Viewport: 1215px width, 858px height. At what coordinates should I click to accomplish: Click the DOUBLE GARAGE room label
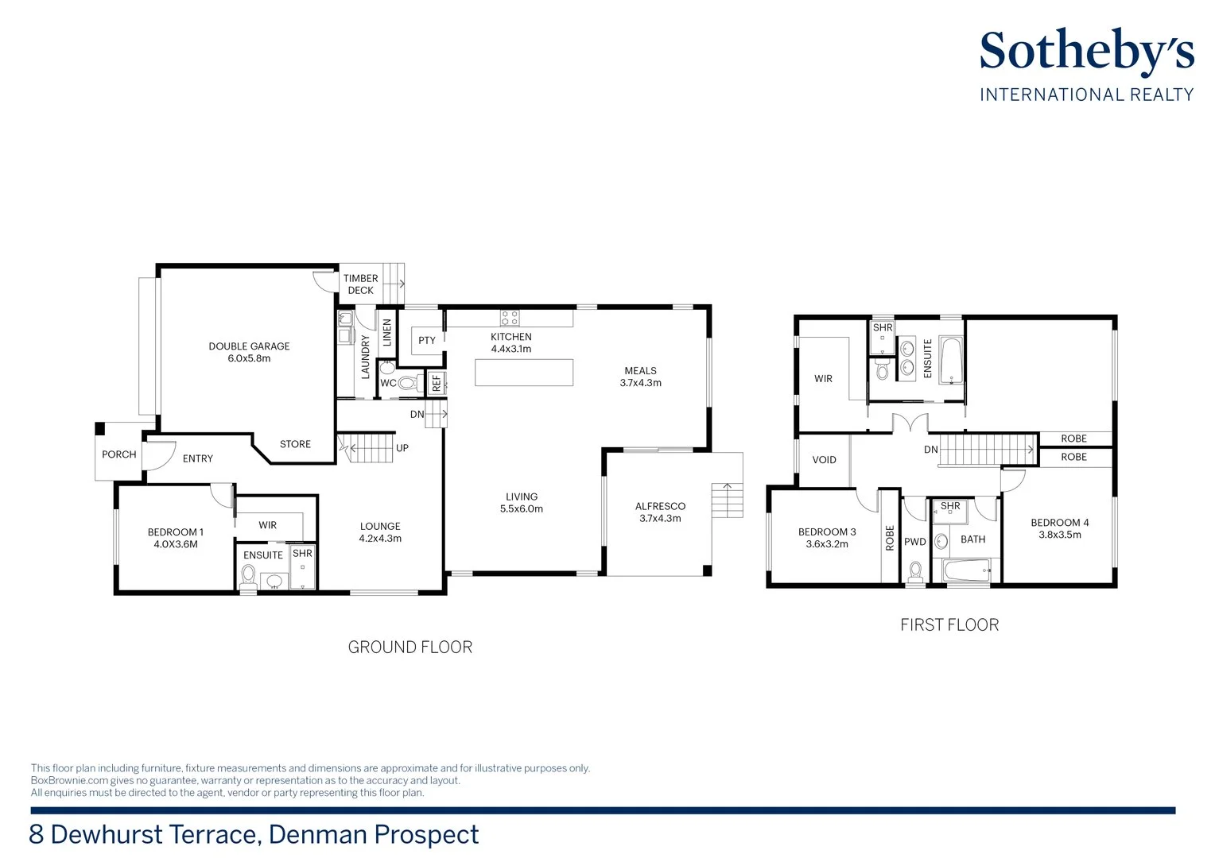[249, 346]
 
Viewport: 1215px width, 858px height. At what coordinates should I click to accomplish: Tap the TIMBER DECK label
[361, 284]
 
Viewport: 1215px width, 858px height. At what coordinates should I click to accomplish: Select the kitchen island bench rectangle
[524, 373]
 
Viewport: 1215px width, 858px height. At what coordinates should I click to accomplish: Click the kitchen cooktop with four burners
[510, 318]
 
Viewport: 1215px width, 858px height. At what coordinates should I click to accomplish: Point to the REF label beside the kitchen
[437, 383]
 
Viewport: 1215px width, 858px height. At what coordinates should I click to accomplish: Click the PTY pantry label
[427, 340]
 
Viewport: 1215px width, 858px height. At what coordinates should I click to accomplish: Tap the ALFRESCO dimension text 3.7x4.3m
[660, 518]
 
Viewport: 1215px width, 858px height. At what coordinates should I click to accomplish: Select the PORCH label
[118, 454]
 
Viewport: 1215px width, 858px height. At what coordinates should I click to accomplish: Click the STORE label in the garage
[295, 444]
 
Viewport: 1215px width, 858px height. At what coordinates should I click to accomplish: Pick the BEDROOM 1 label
[175, 532]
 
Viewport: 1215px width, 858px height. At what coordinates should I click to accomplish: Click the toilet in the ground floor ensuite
[248, 577]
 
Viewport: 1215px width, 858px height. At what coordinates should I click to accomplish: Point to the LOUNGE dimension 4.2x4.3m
[380, 538]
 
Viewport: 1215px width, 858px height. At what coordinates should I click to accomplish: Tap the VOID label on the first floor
[824, 460]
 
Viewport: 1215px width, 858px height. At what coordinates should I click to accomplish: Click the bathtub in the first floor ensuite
[951, 361]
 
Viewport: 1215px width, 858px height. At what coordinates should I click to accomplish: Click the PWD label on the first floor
[915, 542]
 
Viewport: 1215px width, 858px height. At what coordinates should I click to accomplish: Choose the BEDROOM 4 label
[1060, 523]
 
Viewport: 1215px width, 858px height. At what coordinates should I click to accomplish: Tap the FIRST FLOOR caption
[949, 625]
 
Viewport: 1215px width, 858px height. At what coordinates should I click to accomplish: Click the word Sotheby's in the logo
[1087, 52]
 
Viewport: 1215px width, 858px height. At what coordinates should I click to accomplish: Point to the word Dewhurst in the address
[107, 834]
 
